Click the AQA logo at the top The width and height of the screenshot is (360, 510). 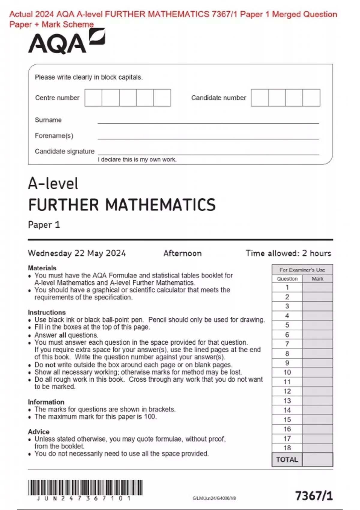click(x=67, y=42)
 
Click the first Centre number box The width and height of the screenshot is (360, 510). click(x=93, y=98)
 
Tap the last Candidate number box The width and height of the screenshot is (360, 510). click(x=311, y=98)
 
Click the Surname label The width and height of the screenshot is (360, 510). click(x=48, y=120)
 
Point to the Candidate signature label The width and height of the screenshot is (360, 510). click(x=64, y=151)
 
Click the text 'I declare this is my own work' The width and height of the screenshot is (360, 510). click(x=137, y=160)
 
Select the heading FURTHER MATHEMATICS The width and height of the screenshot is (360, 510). click(x=122, y=205)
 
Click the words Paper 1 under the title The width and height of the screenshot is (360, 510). click(x=44, y=225)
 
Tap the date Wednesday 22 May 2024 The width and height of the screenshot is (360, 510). click(x=77, y=253)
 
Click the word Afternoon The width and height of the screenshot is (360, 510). click(x=182, y=253)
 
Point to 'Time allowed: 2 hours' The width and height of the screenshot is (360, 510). click(x=288, y=253)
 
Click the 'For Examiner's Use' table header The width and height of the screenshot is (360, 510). click(x=302, y=270)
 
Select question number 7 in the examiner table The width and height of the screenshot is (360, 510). click(x=287, y=344)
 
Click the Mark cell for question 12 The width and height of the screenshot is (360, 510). click(x=317, y=391)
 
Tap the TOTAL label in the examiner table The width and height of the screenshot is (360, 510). click(x=287, y=460)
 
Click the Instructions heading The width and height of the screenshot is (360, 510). click(x=47, y=312)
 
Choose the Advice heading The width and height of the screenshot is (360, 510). click(x=39, y=432)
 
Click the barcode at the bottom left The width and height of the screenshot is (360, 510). click(x=85, y=487)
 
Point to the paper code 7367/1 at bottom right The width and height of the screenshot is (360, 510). click(x=314, y=496)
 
